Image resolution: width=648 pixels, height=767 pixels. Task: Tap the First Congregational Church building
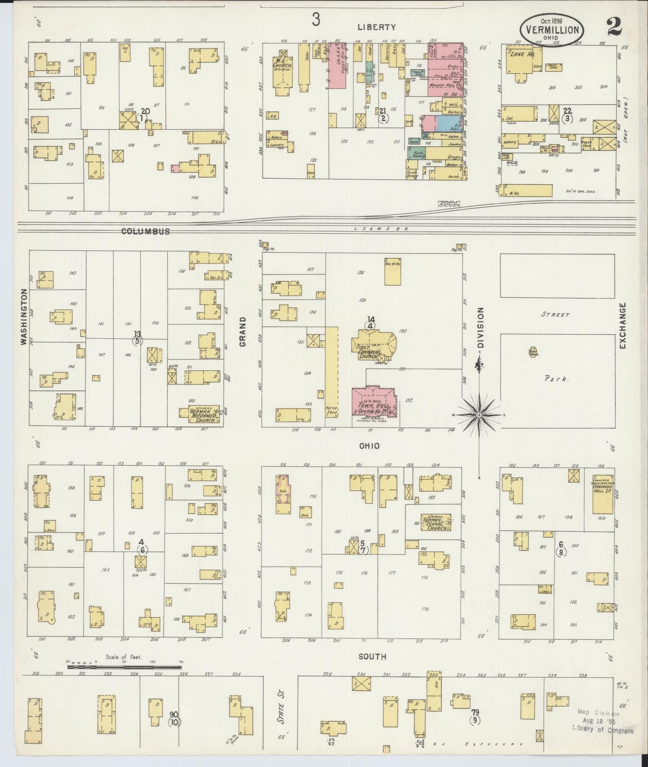click(373, 344)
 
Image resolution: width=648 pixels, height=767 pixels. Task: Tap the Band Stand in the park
click(533, 353)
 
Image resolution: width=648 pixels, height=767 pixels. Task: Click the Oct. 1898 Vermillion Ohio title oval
click(551, 30)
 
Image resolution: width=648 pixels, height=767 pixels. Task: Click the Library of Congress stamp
click(602, 722)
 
